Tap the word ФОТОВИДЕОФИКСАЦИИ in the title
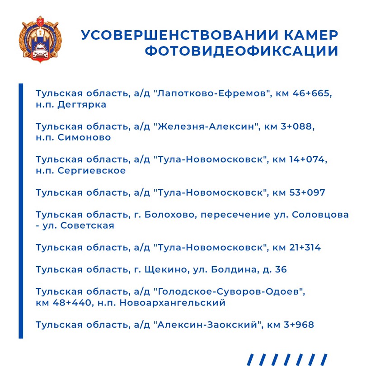pyautogui.click(x=241, y=51)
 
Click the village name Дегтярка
pyautogui.click(x=82, y=104)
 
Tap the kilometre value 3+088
pyautogui.click(x=297, y=127)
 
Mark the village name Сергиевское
pyautogui.click(x=92, y=170)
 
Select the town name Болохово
pyautogui.click(x=169, y=215)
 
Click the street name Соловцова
pyautogui.click(x=321, y=215)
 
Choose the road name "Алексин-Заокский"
pyautogui.click(x=208, y=325)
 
